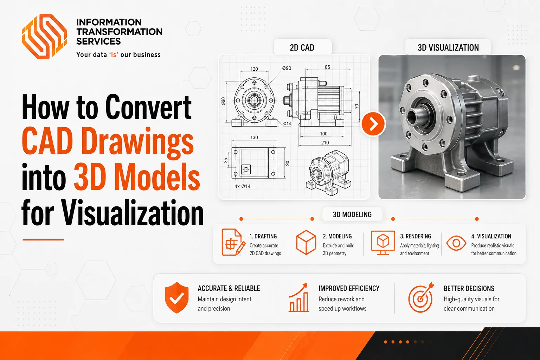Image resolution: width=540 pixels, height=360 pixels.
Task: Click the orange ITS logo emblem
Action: pyautogui.click(x=44, y=36)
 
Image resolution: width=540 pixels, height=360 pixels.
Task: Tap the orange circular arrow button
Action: pyautogui.click(x=373, y=124)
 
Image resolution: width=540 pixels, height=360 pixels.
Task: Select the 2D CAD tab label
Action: pyautogui.click(x=302, y=48)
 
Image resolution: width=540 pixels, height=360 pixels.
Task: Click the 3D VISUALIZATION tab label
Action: pyautogui.click(x=448, y=48)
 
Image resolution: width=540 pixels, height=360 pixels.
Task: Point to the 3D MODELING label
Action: pyautogui.click(x=352, y=214)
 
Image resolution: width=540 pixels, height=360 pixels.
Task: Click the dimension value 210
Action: pyautogui.click(x=325, y=143)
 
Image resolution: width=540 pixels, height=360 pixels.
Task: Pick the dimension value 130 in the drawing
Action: pyautogui.click(x=254, y=137)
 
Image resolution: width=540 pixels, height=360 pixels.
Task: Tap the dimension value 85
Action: pyautogui.click(x=327, y=67)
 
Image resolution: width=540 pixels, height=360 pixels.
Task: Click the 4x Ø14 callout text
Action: pyautogui.click(x=242, y=186)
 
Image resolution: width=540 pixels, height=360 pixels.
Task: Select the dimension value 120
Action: pyautogui.click(x=254, y=69)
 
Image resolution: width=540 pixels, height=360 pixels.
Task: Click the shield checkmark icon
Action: pyautogui.click(x=177, y=298)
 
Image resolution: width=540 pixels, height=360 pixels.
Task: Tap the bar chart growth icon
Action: pyautogui.click(x=299, y=297)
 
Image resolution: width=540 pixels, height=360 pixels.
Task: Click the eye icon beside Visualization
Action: pyautogui.click(x=456, y=243)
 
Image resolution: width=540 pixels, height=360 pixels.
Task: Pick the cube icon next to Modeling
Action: pyautogui.click(x=306, y=242)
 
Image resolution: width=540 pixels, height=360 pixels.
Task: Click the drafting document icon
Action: pyautogui.click(x=233, y=242)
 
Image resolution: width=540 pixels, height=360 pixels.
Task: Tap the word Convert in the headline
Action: pyautogui.click(x=148, y=107)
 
